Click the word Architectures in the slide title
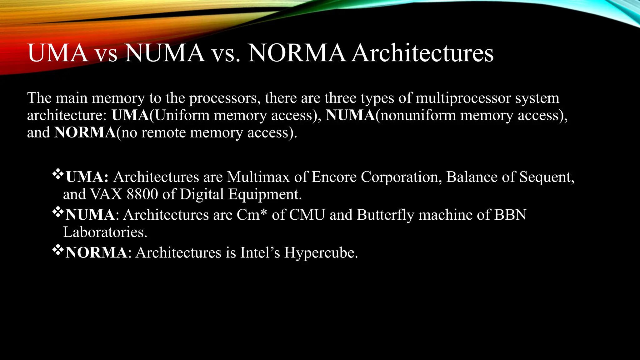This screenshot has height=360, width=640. [422, 53]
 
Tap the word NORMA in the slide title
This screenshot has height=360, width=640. [297, 53]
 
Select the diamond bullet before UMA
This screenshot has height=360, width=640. [58, 174]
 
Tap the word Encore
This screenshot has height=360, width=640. [334, 177]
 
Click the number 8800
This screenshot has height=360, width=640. [142, 194]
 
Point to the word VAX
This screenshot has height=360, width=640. [106, 194]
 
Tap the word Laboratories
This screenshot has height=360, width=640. [105, 232]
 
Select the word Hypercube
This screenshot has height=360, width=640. [321, 252]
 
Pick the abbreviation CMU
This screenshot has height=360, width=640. [307, 215]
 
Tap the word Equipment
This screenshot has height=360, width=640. [265, 194]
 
